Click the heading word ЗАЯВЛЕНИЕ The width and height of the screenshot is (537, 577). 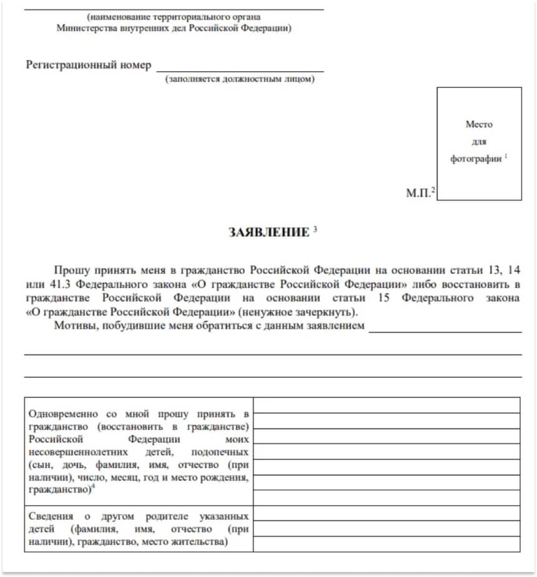click(269, 233)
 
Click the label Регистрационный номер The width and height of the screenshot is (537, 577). click(88, 65)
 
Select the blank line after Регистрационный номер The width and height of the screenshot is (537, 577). click(240, 67)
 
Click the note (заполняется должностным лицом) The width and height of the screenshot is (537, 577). click(240, 80)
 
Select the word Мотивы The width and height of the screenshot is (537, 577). click(73, 326)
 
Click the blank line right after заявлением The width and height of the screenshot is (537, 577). click(445, 327)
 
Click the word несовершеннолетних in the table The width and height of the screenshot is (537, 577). click(72, 452)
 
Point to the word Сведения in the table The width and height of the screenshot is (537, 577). click(51, 517)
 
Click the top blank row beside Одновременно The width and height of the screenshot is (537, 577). click(387, 405)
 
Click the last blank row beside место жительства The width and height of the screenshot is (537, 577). click(387, 544)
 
